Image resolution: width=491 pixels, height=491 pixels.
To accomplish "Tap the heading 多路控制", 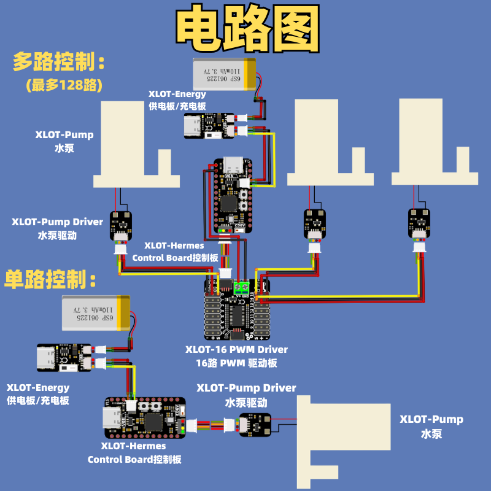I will pos(59,62).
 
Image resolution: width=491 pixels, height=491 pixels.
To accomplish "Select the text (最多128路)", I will pos(64,85).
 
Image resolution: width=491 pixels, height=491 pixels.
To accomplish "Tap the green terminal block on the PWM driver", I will pos(241,286).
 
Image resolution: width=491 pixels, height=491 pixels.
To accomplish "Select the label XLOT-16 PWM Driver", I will pos(236,349).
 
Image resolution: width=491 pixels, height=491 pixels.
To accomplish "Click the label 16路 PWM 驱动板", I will pos(236,363).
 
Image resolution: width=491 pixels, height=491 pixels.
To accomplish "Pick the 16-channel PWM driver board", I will pos(237,310).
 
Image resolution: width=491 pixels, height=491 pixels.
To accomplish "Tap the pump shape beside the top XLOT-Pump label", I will pos(137,145).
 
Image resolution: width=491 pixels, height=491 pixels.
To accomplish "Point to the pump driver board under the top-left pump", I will pos(120,223).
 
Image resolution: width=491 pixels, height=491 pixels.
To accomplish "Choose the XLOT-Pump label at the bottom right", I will pos(431,419).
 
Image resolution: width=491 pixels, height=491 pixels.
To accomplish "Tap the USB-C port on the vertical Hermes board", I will pos(234,165).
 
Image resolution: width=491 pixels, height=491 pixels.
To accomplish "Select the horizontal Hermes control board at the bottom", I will pos(145,417).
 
